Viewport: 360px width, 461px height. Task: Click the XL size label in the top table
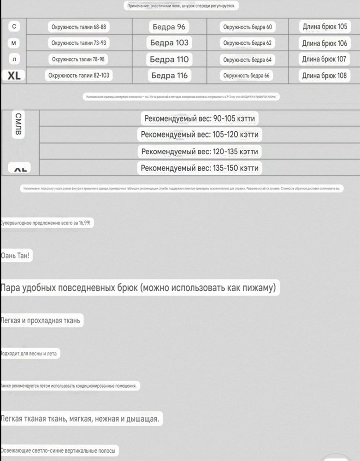[x=14, y=76]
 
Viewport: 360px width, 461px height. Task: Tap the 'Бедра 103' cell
[x=169, y=43]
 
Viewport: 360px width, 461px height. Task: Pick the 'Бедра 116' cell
[x=169, y=76]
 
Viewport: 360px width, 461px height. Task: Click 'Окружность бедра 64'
[x=248, y=60]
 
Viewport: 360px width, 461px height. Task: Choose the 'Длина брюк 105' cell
[x=325, y=27]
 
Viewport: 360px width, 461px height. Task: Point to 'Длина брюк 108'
[x=325, y=76]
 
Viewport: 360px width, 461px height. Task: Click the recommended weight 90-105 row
[x=200, y=118]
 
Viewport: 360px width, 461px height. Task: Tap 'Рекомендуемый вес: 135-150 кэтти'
[x=200, y=168]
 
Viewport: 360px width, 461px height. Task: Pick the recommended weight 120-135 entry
[x=200, y=151]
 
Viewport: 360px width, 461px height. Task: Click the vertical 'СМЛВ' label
[x=17, y=124]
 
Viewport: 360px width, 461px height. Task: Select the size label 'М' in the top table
[x=14, y=43]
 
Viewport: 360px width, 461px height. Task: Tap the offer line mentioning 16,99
[x=46, y=223]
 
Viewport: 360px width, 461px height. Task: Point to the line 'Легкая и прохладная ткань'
[x=41, y=321]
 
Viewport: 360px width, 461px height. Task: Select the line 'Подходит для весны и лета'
[x=30, y=354]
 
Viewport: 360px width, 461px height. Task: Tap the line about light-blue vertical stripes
[x=58, y=450]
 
